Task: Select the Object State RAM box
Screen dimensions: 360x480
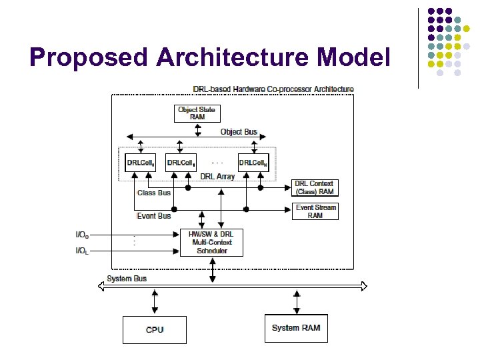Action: point(197,113)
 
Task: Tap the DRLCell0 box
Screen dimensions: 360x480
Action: point(141,163)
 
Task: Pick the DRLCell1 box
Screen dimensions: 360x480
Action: point(181,163)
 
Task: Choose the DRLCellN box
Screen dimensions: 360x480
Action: point(253,163)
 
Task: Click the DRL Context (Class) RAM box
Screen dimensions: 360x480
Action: point(315,187)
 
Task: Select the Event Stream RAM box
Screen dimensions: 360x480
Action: point(315,211)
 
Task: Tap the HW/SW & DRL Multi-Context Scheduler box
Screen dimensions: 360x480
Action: point(212,242)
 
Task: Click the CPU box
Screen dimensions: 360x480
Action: point(155,329)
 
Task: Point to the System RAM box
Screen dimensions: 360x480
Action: point(296,328)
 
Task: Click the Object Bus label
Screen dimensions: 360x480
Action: point(239,132)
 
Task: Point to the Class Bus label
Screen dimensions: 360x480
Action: point(153,193)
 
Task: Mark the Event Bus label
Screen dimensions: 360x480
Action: point(153,216)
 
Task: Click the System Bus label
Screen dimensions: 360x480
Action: point(127,278)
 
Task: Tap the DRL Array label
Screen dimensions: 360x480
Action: point(217,177)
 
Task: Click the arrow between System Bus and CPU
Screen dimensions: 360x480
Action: point(155,301)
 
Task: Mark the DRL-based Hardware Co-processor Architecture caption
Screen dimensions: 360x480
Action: point(273,89)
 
